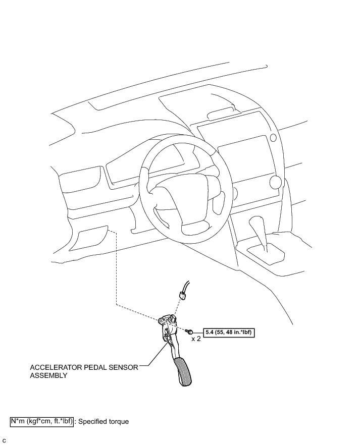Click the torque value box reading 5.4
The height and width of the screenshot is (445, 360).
point(228,332)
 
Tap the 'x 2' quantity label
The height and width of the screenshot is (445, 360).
point(196,339)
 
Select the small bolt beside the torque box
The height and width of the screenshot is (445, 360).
point(188,331)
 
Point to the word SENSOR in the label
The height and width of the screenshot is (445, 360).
point(123,368)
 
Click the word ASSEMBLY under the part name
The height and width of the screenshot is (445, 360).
point(48,376)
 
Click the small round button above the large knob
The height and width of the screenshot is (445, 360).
point(273,138)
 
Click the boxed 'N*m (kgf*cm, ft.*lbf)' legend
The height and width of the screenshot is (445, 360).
point(42,421)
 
